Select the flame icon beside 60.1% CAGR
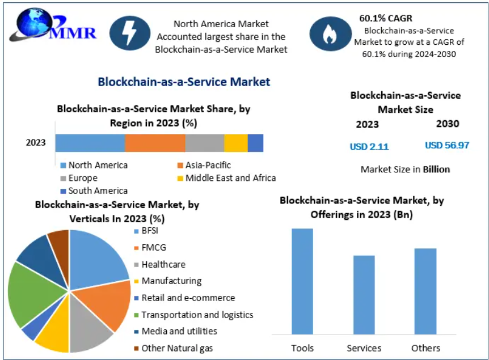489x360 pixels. (x=328, y=33)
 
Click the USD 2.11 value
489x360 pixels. (x=369, y=147)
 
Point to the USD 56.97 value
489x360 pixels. (x=447, y=145)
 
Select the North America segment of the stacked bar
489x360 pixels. (x=90, y=143)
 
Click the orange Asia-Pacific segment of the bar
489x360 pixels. (x=155, y=143)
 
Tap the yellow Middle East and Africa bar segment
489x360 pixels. (x=236, y=143)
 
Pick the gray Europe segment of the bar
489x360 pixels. (x=205, y=143)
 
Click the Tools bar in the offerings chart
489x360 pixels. (x=302, y=281)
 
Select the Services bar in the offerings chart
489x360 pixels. (x=364, y=295)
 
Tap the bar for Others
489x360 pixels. (x=425, y=291)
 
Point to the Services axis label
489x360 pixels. (x=364, y=348)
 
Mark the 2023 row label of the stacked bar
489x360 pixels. (x=36, y=143)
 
